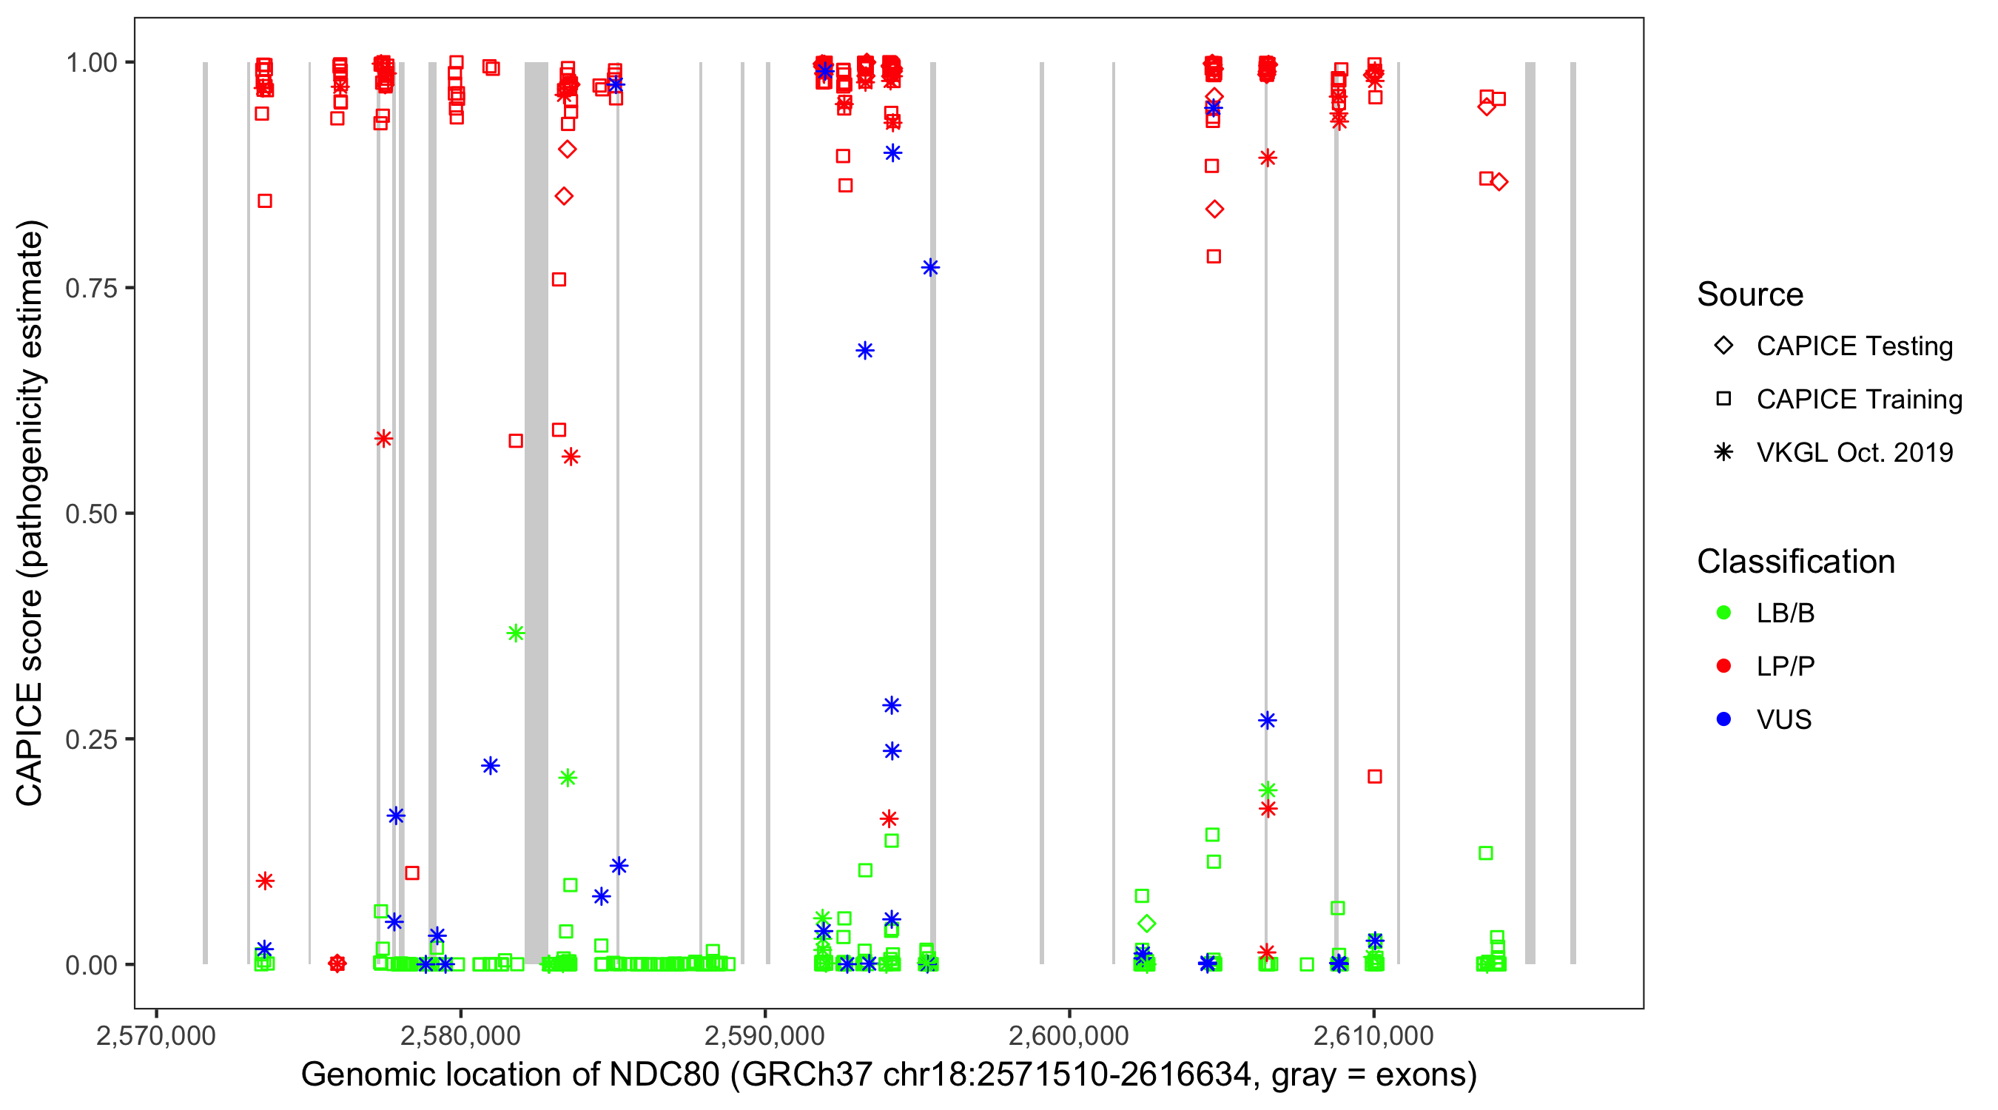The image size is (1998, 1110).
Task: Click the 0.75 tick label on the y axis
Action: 90,288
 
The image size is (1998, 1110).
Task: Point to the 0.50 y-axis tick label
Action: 90,514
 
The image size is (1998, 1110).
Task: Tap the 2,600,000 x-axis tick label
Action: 1069,1035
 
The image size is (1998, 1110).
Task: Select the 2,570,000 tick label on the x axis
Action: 156,1035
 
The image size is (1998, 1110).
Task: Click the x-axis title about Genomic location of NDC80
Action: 889,1075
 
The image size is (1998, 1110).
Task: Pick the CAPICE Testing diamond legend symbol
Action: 1723,346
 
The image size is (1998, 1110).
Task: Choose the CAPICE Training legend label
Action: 1859,400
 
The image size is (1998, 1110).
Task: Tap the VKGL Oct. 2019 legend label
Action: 1854,452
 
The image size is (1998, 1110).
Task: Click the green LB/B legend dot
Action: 1723,613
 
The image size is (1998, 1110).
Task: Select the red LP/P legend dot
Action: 1723,666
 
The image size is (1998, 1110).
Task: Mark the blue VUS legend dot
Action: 1723,720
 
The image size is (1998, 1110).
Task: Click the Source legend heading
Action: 1750,295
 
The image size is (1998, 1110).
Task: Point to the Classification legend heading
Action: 1795,562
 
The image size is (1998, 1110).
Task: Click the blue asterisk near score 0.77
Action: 930,268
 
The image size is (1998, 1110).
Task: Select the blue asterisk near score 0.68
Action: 865,351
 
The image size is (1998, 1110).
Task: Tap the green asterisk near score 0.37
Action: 516,633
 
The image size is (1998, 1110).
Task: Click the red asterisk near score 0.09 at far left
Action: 265,881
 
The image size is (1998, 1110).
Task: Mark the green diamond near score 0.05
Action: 1146,924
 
